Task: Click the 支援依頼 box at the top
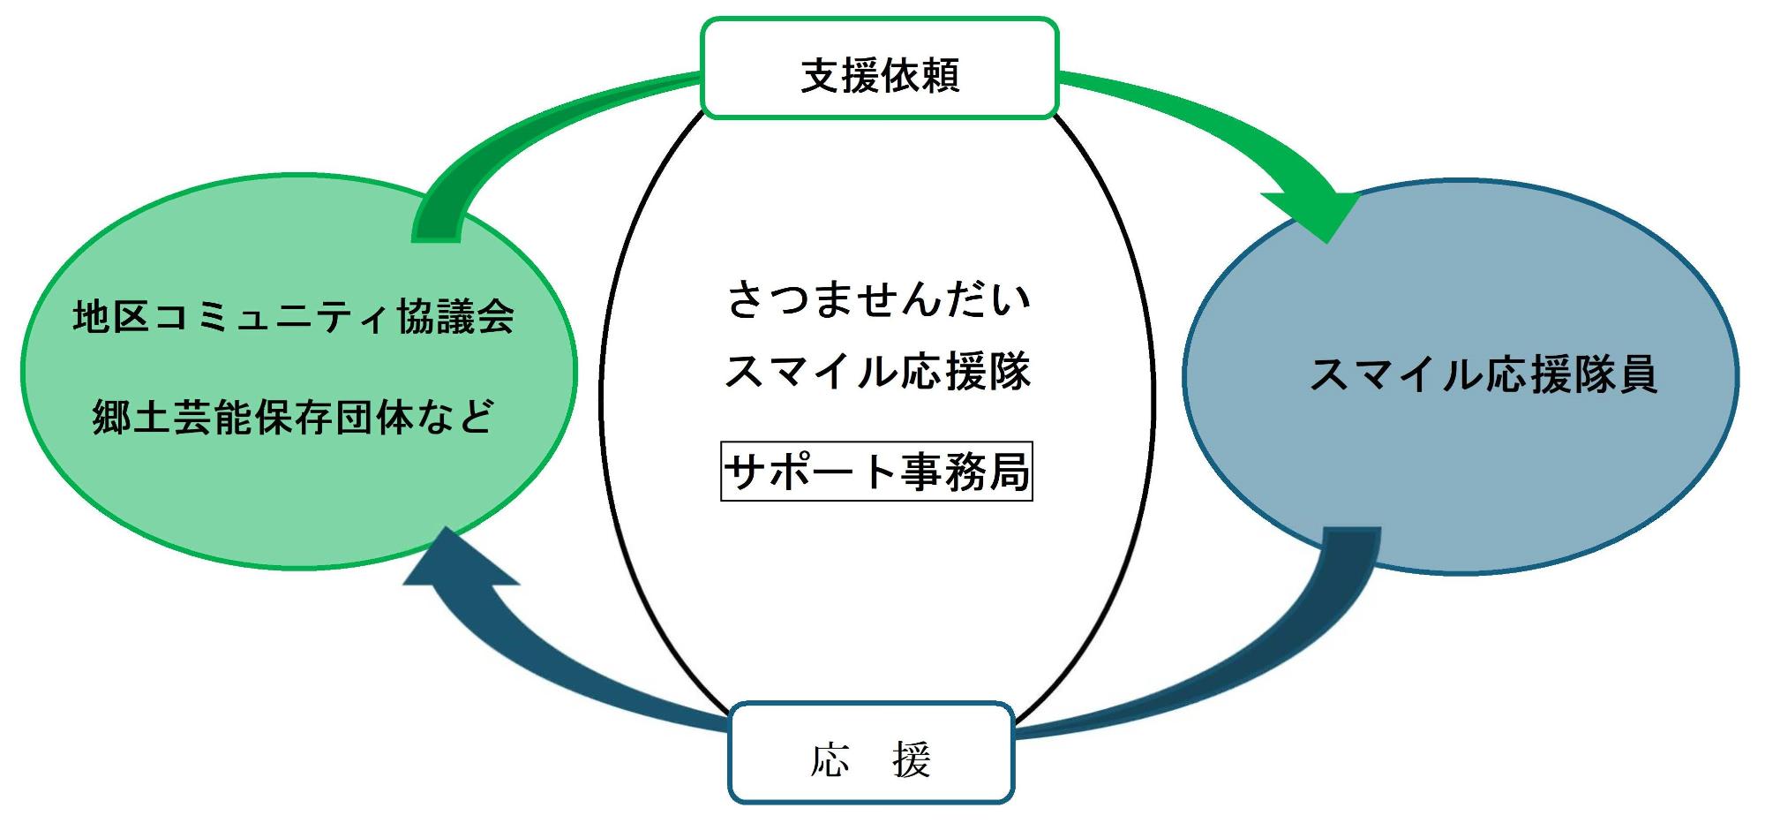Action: click(880, 69)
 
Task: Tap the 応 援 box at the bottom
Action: click(871, 753)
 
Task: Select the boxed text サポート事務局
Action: click(876, 472)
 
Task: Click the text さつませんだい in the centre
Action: click(878, 299)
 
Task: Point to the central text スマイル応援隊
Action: click(877, 372)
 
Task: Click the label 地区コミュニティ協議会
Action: click(294, 317)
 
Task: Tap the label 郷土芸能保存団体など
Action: click(294, 417)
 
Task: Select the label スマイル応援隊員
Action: click(1483, 374)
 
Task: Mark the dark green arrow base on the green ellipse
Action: click(437, 216)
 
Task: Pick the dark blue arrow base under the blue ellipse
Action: click(1352, 552)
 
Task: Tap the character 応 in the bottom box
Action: click(830, 759)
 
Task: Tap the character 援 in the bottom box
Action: click(912, 759)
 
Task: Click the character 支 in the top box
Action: click(820, 76)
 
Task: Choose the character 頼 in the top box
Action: click(940, 76)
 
